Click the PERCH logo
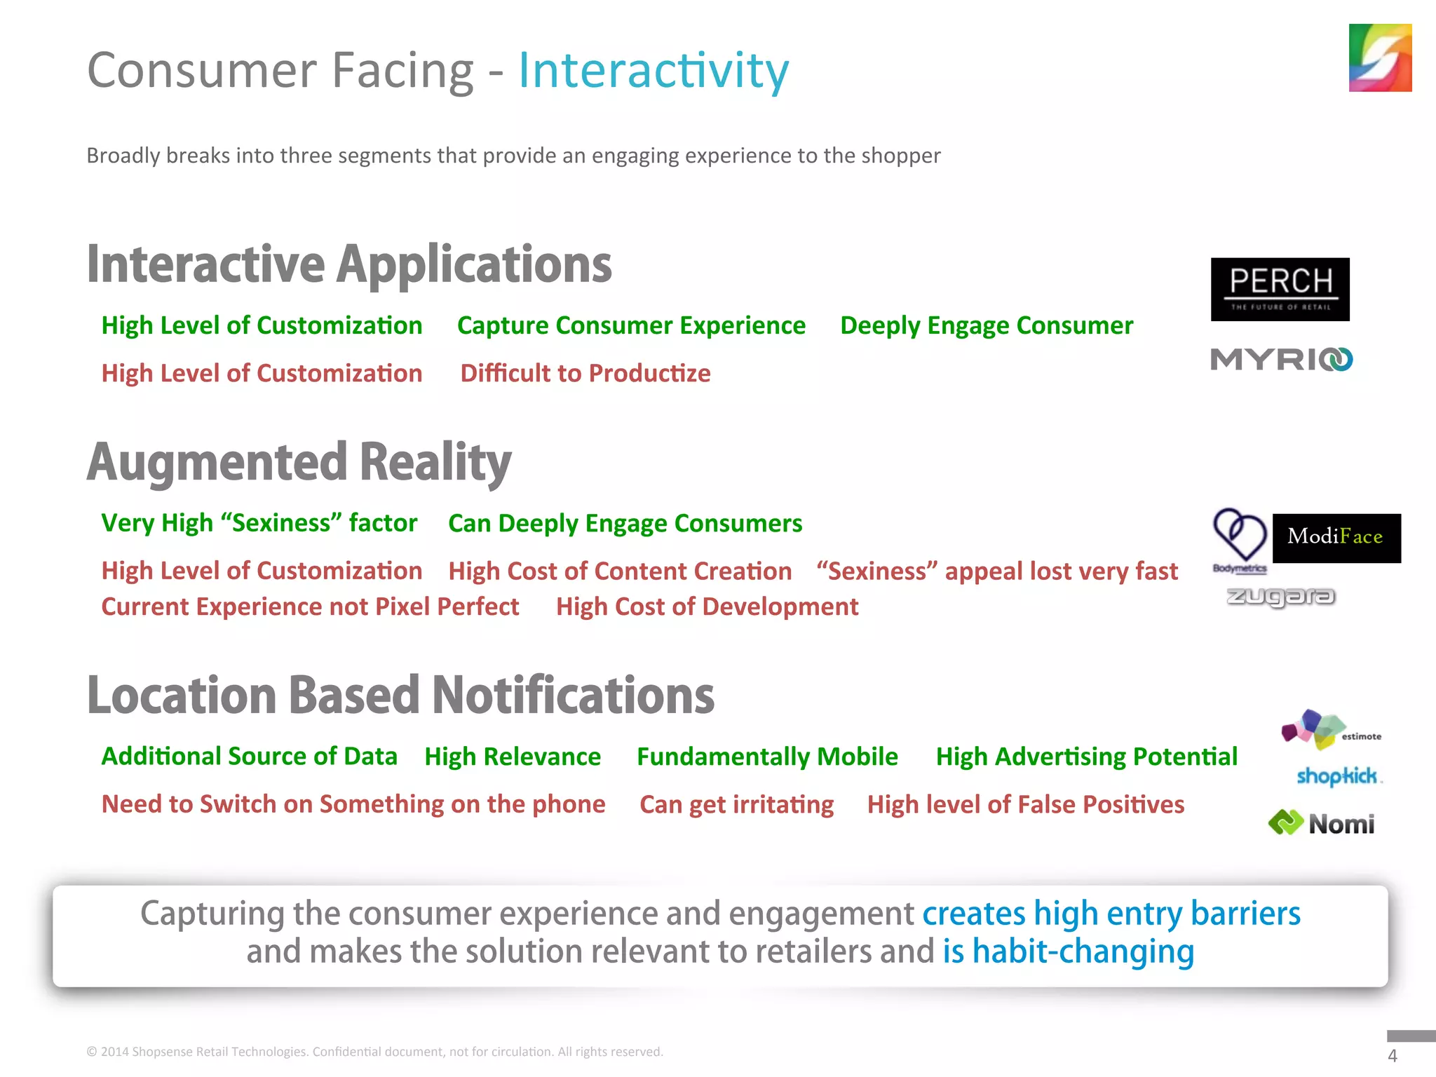(x=1280, y=289)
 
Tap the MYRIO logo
(x=1281, y=360)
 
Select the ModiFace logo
(x=1336, y=538)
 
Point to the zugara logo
(x=1280, y=597)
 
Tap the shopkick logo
(x=1337, y=776)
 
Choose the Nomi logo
(x=1322, y=823)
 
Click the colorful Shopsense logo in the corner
(x=1379, y=57)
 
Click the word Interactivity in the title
(x=653, y=71)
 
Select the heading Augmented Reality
(x=299, y=462)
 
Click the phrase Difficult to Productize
(x=585, y=373)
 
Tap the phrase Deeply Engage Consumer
(x=986, y=325)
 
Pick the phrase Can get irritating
(x=736, y=804)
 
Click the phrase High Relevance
(x=513, y=757)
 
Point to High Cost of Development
(x=707, y=607)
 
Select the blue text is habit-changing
(x=1068, y=951)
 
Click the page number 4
(x=1392, y=1056)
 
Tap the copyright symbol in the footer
(x=92, y=1052)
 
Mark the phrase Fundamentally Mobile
(x=767, y=757)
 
